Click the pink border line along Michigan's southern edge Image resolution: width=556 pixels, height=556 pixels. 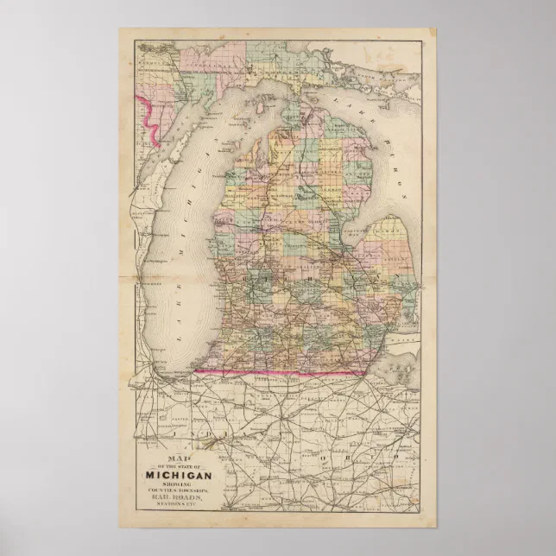point(276,373)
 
